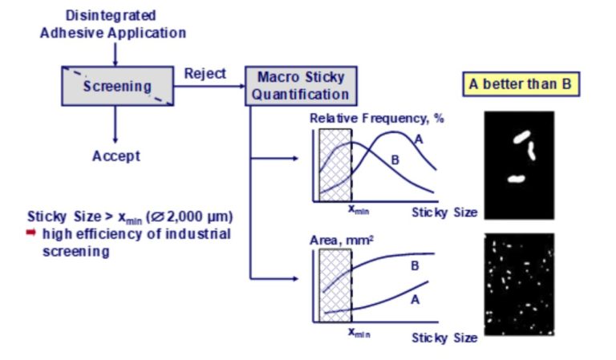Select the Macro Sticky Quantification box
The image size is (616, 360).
[300, 86]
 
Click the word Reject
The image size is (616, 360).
[205, 74]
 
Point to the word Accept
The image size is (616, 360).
[115, 156]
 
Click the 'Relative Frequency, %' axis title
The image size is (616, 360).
[377, 118]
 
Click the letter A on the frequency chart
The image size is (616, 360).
[418, 140]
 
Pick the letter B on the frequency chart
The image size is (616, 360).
[395, 160]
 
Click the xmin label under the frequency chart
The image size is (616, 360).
[359, 210]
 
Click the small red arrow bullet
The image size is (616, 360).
[32, 233]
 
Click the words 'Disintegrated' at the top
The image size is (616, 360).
[111, 15]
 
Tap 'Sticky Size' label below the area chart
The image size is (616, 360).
[444, 338]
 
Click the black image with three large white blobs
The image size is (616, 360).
[519, 165]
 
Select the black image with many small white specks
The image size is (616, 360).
[519, 284]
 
